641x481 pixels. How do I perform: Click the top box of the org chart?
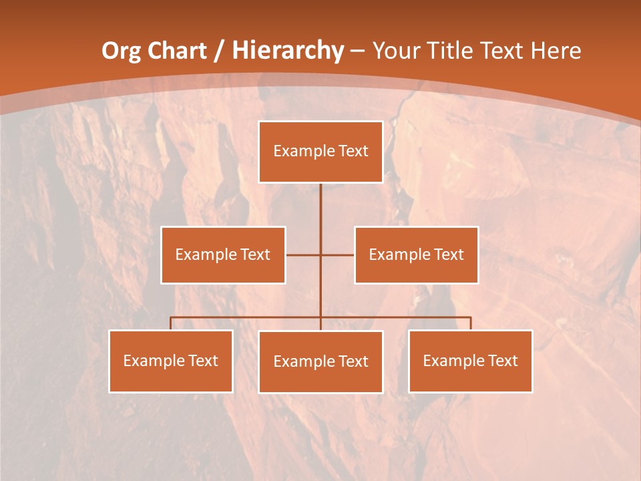320,152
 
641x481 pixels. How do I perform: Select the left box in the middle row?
223,255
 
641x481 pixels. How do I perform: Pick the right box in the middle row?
416,255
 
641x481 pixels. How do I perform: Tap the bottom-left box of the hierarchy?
171,361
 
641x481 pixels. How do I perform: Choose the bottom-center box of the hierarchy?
320,361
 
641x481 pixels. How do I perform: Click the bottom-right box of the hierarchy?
470,361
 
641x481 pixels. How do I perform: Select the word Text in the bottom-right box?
503,361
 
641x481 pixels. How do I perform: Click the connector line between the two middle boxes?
337,255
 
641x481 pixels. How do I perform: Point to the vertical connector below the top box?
320,207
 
